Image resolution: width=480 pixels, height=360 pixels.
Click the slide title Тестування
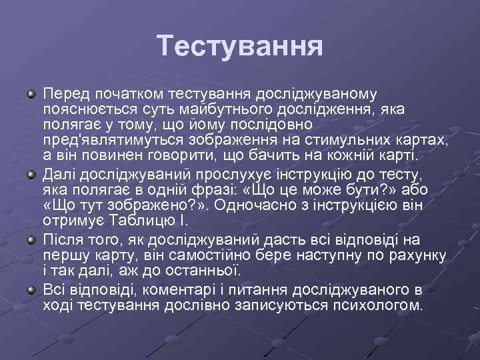point(240,46)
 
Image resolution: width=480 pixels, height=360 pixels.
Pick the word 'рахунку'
point(415,255)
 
